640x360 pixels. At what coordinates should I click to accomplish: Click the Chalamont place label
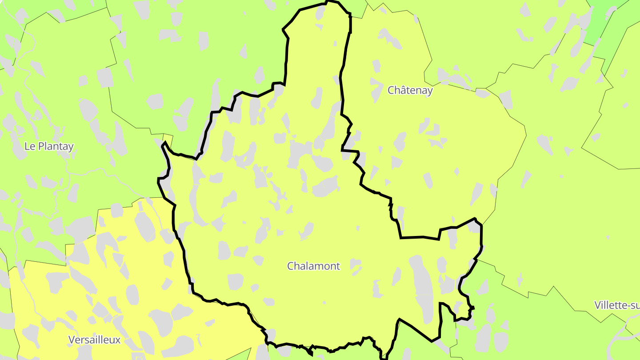(x=313, y=266)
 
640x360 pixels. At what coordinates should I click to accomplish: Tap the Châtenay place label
(x=410, y=90)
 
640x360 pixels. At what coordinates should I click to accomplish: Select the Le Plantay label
(x=49, y=146)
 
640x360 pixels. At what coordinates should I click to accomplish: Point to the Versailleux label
(x=94, y=340)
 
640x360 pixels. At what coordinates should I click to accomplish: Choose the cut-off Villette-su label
(x=617, y=305)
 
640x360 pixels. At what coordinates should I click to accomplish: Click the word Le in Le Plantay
(x=30, y=146)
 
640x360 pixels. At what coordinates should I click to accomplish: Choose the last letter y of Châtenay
(x=430, y=91)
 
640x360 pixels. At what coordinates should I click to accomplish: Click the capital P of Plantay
(x=40, y=146)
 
